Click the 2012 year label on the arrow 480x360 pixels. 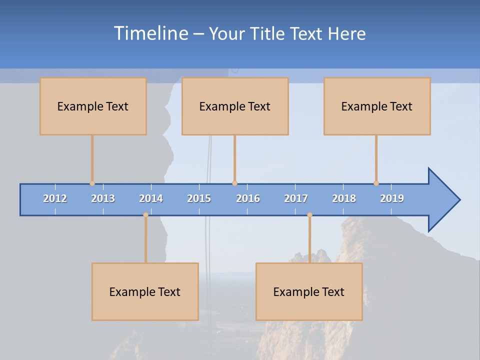(x=55, y=198)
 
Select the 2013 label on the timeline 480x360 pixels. (x=103, y=198)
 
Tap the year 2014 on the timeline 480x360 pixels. (x=151, y=198)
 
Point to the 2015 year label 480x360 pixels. (x=199, y=198)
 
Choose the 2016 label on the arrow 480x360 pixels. (x=248, y=198)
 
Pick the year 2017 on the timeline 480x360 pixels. (x=296, y=198)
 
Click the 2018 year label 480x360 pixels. (x=344, y=198)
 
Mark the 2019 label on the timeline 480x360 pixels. (x=392, y=198)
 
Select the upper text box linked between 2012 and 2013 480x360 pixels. (x=93, y=106)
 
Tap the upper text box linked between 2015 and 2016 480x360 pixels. (x=235, y=106)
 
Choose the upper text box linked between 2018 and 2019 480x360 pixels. (x=377, y=106)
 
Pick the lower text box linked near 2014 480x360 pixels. (x=145, y=291)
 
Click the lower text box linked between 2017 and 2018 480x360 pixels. (x=309, y=291)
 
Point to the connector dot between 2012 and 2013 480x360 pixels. (x=92, y=183)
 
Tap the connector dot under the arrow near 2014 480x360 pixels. (x=145, y=215)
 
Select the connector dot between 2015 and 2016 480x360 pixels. (x=234, y=183)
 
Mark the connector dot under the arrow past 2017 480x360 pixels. (x=309, y=215)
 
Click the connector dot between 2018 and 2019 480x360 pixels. (x=376, y=183)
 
